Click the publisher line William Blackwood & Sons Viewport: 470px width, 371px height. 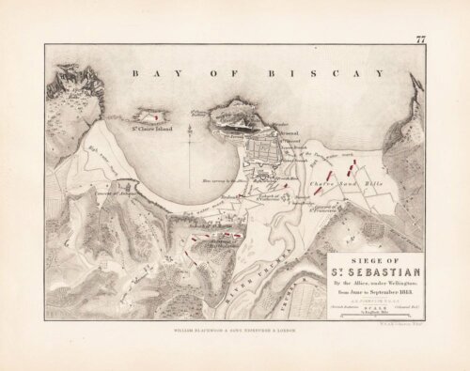tap(235, 332)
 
